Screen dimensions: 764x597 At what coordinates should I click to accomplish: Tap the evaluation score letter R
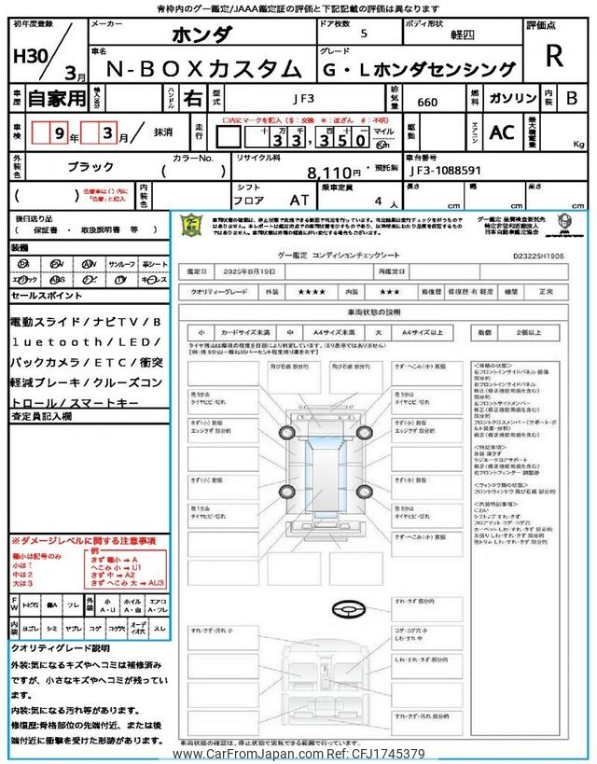(x=554, y=56)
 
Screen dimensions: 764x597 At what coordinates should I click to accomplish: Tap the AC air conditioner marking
(x=502, y=132)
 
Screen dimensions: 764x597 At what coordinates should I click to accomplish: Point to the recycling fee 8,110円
(x=333, y=173)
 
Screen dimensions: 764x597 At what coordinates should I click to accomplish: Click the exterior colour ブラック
(x=90, y=164)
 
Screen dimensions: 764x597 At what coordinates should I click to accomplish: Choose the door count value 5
(x=363, y=34)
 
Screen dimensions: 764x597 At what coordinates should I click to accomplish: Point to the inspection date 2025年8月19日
(x=253, y=271)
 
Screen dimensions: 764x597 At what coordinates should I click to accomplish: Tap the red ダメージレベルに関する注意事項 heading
(x=84, y=540)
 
